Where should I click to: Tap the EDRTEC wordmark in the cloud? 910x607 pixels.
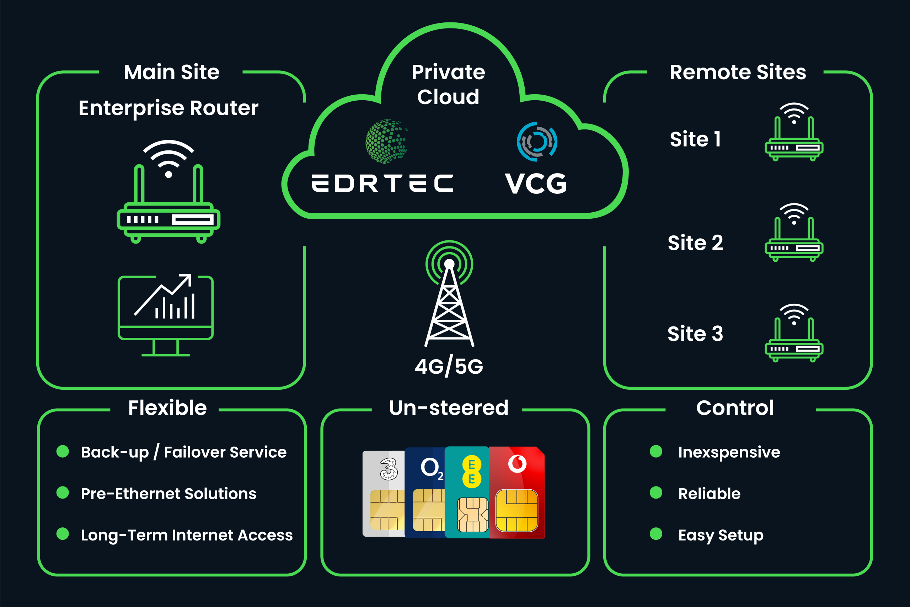tap(382, 183)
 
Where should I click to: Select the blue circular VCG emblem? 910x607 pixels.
tap(537, 141)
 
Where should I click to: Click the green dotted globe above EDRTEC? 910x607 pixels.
tap(386, 141)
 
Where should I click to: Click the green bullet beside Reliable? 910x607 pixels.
tap(656, 493)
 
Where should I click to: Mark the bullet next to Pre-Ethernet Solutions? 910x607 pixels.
tap(63, 493)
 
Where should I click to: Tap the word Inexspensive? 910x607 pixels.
tap(729, 452)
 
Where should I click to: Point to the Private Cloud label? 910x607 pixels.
tap(448, 84)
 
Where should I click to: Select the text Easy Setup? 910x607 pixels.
tap(721, 536)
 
